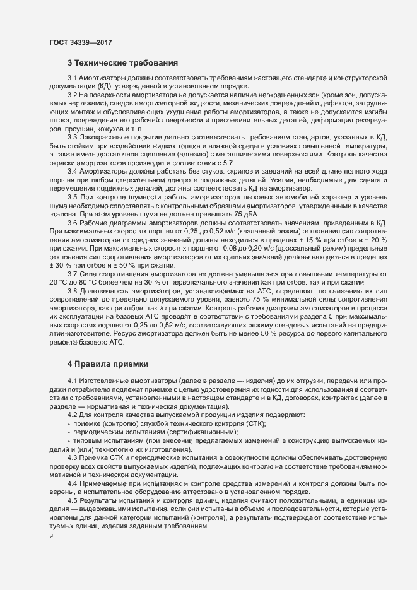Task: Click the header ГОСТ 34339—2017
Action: point(81,42)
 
